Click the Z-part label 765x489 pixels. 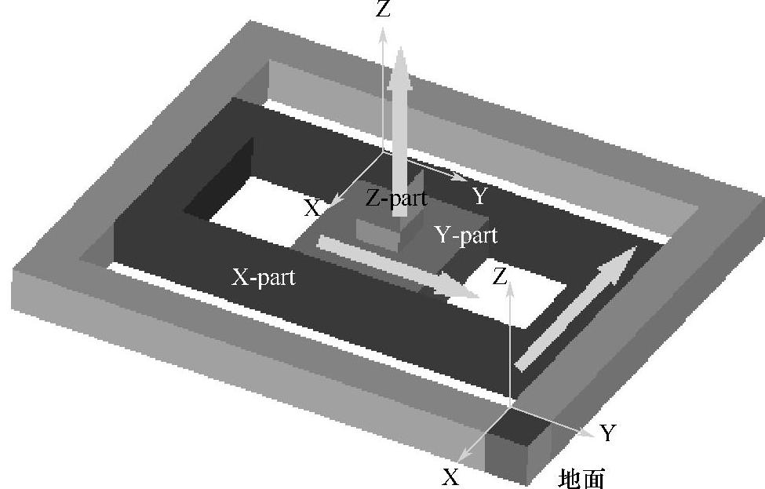click(x=396, y=198)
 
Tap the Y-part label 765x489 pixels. click(x=466, y=234)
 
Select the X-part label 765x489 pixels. click(x=264, y=276)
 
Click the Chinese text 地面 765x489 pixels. click(x=582, y=476)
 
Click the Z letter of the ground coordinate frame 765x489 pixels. click(x=499, y=276)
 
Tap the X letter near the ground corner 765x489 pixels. click(x=450, y=476)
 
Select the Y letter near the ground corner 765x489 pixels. click(x=607, y=432)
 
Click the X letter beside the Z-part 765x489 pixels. click(x=312, y=208)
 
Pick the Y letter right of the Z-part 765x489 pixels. click(x=480, y=196)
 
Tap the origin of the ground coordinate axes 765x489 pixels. click(x=510, y=407)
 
